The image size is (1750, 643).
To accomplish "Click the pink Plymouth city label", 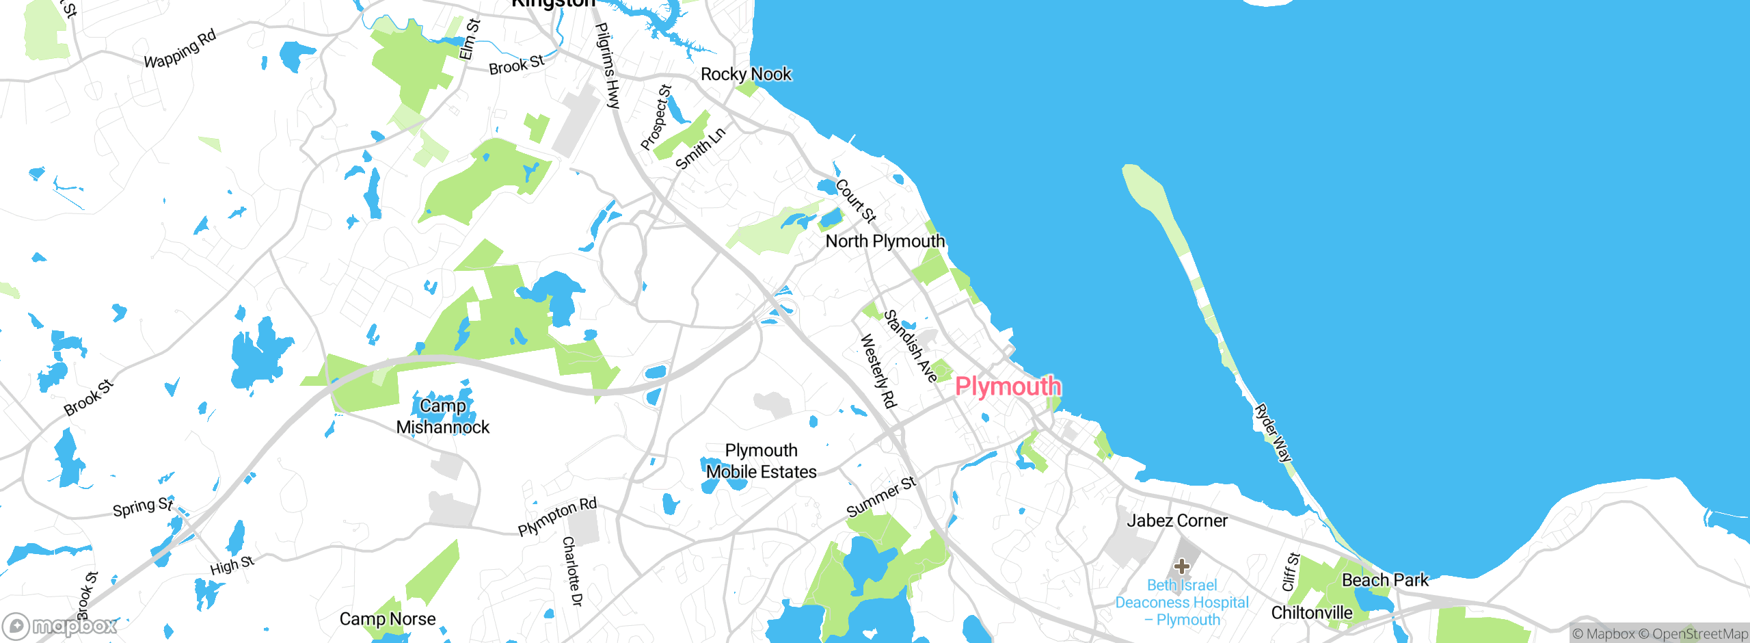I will (x=1008, y=386).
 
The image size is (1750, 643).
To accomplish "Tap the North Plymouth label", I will (x=885, y=241).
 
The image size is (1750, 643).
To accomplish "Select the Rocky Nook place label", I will (x=746, y=74).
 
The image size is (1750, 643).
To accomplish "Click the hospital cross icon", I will (x=1182, y=566).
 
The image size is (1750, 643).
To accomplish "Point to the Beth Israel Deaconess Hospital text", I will (x=1182, y=603).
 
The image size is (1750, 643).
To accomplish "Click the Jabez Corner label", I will (x=1176, y=521).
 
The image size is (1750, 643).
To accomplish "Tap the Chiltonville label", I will (x=1311, y=613).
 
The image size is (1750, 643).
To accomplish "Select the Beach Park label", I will (x=1385, y=581).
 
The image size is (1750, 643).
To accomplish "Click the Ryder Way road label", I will (x=1273, y=433).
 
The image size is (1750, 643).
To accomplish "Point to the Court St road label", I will (x=855, y=201).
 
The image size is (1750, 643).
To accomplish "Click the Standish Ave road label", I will (x=910, y=346).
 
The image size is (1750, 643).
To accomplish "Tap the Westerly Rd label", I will (x=878, y=371).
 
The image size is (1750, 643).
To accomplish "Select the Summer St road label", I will (x=880, y=497).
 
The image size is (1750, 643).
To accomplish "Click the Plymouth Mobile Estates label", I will (x=761, y=462).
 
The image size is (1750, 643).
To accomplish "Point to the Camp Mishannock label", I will (x=443, y=417).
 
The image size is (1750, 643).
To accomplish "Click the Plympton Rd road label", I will (x=557, y=517).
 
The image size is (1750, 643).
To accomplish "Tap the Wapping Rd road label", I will (x=180, y=49).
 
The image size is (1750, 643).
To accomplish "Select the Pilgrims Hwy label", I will (x=607, y=66).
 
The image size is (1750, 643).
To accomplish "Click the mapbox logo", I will (x=60, y=626).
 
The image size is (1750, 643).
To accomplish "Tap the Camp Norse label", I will (x=388, y=619).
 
